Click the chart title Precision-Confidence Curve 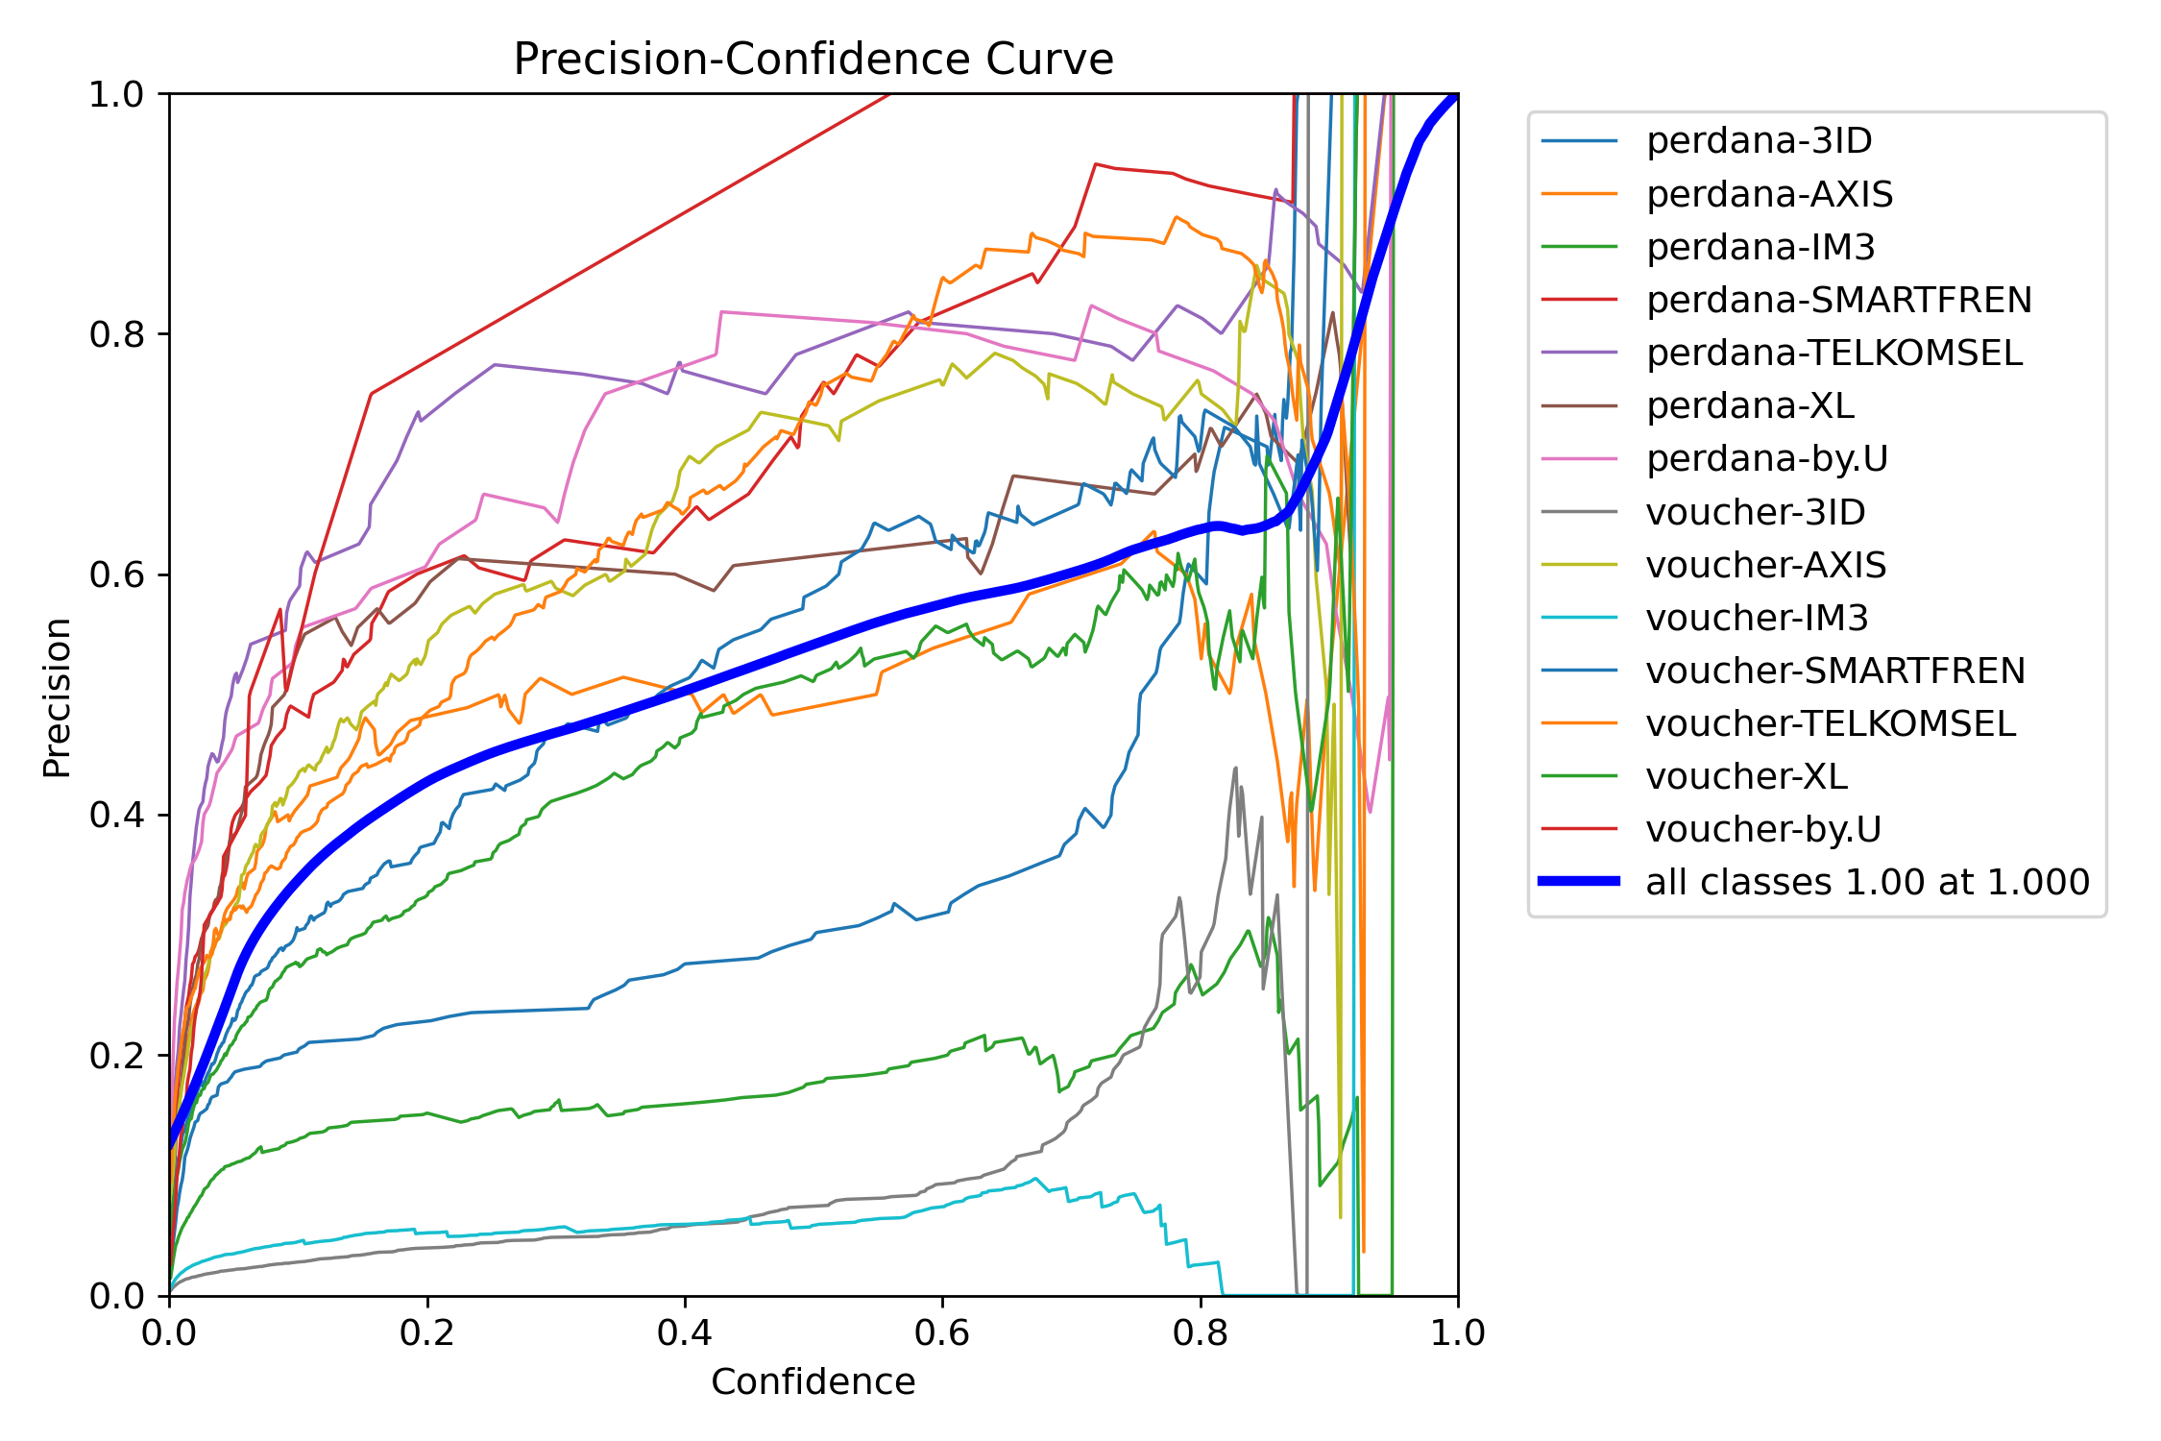pos(813,60)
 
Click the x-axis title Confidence pos(813,1381)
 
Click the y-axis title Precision pos(58,696)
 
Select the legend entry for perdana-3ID pos(1759,141)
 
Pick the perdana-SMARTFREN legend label pos(1838,300)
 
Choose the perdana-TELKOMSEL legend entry pos(1833,353)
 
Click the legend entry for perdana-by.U pos(1766,458)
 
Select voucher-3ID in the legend pos(1755,512)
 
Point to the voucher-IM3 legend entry pos(1757,618)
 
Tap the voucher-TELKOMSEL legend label pos(1830,723)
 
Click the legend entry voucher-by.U pos(1762,829)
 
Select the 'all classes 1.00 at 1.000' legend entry pos(1867,882)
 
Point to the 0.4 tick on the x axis pos(685,1332)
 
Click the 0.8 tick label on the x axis pos(1200,1332)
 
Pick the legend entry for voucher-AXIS pos(1765,565)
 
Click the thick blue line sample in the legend pos(1579,881)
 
